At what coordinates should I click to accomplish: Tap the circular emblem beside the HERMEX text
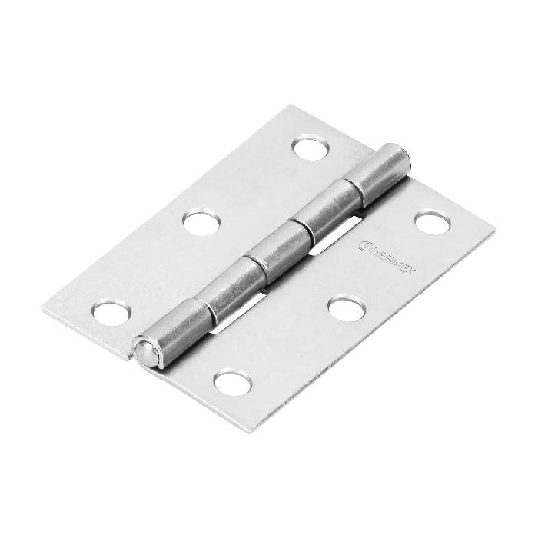coord(367,247)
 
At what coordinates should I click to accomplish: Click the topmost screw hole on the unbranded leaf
coord(310,148)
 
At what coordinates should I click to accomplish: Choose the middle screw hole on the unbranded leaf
coord(202,223)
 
